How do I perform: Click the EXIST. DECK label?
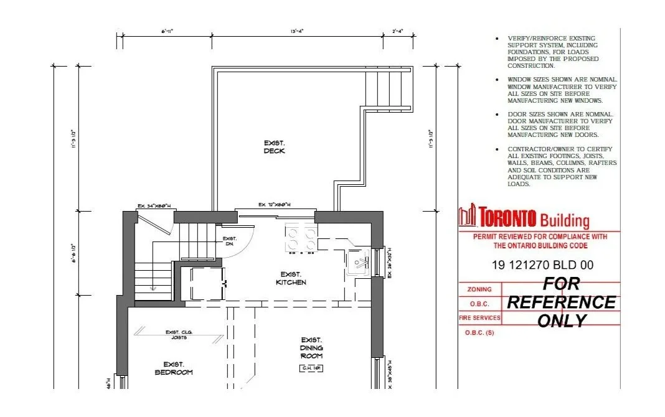click(x=274, y=147)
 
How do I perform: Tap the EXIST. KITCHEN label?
click(x=291, y=278)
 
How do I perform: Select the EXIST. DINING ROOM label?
click(x=311, y=348)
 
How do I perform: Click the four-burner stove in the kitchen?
click(x=301, y=238)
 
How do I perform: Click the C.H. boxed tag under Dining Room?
click(x=311, y=368)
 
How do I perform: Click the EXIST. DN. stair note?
click(x=230, y=241)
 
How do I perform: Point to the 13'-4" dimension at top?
click(x=296, y=30)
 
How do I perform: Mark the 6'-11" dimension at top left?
click(x=167, y=30)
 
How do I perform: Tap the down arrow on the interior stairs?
click(x=153, y=286)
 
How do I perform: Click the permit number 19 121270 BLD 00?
click(x=542, y=265)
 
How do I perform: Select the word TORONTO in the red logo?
click(x=507, y=218)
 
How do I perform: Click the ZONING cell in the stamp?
click(x=479, y=289)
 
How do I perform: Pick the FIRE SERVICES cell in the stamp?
click(x=479, y=318)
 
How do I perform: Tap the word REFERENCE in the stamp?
click(x=561, y=302)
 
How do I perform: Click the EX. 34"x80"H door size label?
click(x=154, y=207)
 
